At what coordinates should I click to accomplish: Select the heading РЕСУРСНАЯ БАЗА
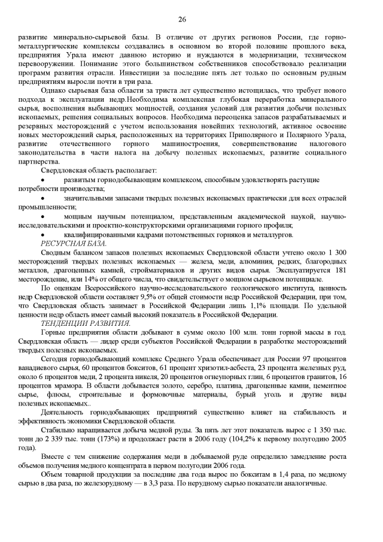[x=74, y=243]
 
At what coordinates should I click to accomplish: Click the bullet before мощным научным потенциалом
[x=42, y=216]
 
